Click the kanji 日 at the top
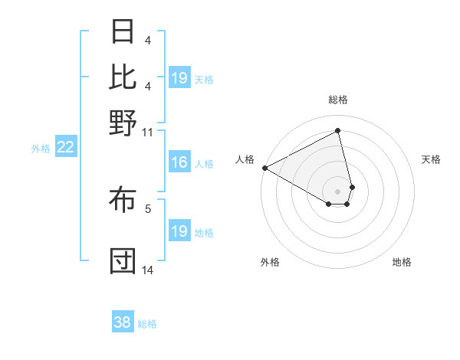(123, 33)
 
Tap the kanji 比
(123, 77)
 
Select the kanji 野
(123, 122)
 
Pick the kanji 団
(123, 261)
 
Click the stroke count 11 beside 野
(148, 132)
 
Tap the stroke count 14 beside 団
(148, 270)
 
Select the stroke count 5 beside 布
(148, 208)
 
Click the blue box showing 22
(65, 148)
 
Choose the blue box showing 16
(179, 162)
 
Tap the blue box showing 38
(122, 322)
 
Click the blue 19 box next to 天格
(179, 78)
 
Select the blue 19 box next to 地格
(179, 231)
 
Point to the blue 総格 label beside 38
(147, 324)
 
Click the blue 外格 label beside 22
(41, 149)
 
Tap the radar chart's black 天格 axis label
(432, 159)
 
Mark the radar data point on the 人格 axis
(264, 168)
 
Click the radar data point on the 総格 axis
(337, 131)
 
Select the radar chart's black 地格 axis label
(402, 262)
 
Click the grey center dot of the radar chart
(337, 191)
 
